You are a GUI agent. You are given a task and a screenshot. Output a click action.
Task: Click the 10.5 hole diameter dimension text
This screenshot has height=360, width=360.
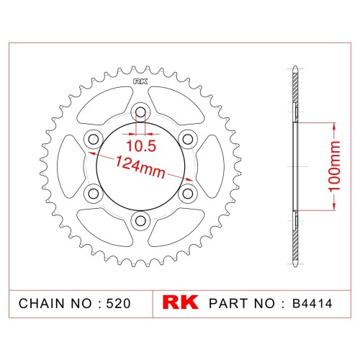coord(141,146)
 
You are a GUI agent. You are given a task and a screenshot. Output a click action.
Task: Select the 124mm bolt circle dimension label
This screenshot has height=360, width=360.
coord(140,166)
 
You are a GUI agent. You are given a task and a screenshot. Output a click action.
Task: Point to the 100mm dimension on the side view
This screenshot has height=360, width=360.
coord(335,166)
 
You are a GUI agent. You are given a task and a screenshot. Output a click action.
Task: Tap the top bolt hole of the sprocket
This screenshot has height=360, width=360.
coord(140,112)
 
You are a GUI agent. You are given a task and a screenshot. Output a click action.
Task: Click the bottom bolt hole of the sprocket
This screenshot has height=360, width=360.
coord(140,220)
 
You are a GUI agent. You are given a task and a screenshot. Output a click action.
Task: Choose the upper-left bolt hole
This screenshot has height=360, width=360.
coord(94,139)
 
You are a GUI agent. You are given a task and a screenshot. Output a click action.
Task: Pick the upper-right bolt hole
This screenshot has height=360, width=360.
coord(188,139)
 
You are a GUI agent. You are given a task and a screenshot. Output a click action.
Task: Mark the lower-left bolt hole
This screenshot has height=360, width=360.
coord(94,194)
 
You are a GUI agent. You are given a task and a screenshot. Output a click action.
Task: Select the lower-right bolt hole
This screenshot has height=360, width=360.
coord(188,194)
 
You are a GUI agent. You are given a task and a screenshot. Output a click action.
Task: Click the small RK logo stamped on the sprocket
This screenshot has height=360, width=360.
coord(140,81)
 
